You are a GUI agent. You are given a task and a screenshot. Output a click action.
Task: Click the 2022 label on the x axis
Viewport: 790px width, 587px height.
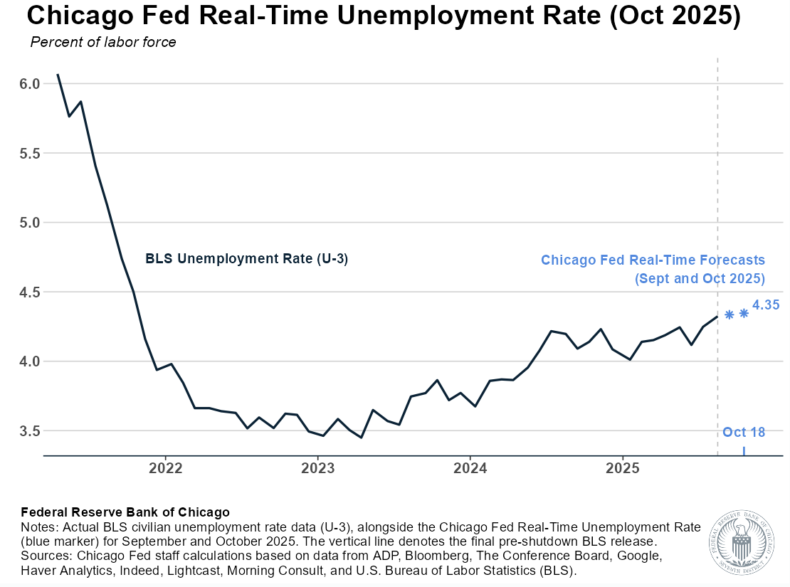tap(165, 468)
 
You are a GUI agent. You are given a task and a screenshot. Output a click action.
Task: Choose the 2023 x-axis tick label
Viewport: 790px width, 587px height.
tap(317, 468)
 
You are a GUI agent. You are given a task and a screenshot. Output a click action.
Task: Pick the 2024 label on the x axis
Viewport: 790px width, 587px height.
tap(470, 468)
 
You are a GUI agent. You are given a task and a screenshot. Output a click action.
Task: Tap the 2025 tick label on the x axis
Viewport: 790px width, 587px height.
tap(622, 468)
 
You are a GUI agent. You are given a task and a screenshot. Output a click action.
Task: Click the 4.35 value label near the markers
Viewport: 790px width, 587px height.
tap(766, 305)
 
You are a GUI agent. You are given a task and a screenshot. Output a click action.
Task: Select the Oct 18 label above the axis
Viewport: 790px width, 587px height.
tap(744, 432)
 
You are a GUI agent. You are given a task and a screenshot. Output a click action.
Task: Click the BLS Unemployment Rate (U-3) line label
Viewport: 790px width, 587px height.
tap(246, 259)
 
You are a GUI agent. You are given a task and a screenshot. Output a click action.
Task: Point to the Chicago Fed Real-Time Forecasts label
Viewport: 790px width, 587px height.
tap(653, 260)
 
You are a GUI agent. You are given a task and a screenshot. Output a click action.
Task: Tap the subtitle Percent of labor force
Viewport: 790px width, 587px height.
tap(103, 42)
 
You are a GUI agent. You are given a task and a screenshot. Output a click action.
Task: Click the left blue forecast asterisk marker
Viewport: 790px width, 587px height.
tap(729, 314)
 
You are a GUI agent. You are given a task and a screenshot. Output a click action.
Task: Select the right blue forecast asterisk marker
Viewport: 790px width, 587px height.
tap(744, 313)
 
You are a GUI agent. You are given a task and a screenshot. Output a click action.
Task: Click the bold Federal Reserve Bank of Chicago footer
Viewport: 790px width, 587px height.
tap(125, 512)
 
